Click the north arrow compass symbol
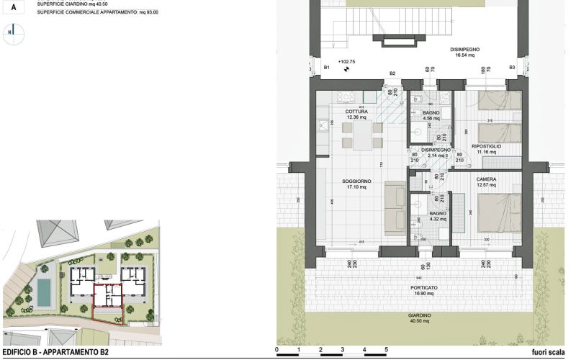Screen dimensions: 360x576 tap(10, 32)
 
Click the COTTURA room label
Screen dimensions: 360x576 tap(356, 112)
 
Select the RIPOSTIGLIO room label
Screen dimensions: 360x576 tap(487, 146)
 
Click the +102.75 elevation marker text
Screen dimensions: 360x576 tap(337, 62)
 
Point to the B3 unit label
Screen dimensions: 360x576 tap(512, 67)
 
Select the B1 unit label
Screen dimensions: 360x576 tap(326, 67)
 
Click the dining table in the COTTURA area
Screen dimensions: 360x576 tap(357, 134)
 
